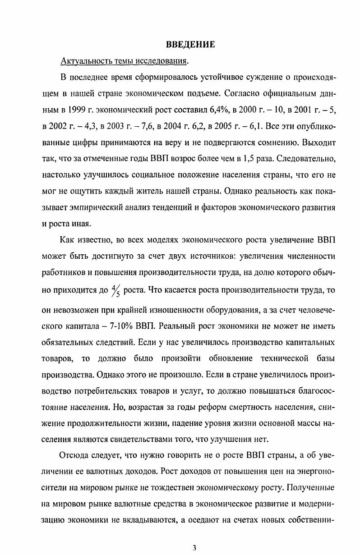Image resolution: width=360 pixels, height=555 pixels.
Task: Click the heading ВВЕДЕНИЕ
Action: [190, 44]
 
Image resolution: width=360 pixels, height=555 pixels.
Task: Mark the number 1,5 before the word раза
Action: [258, 159]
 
